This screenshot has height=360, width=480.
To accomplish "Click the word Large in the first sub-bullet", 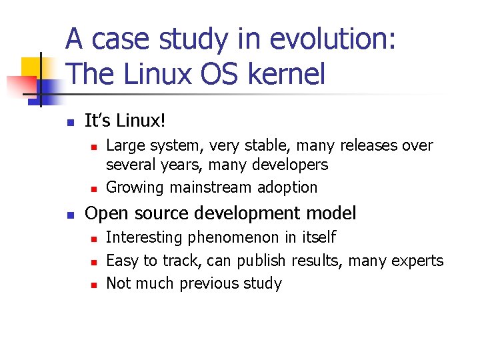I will [x=125, y=145].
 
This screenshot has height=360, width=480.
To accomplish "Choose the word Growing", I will [x=135, y=187].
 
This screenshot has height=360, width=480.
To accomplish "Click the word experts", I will [x=417, y=260].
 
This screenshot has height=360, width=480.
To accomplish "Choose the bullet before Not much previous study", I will [x=95, y=285].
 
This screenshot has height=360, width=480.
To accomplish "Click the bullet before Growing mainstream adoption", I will [x=95, y=189].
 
